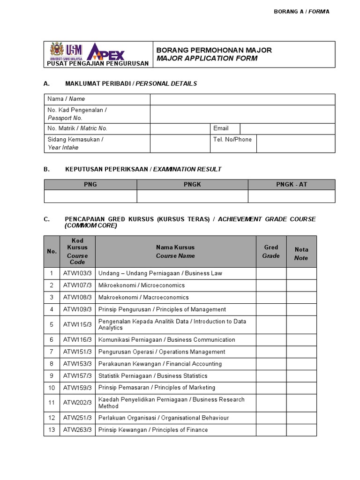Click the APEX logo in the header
click(107, 52)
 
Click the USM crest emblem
click(57, 50)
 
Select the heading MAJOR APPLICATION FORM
click(207, 59)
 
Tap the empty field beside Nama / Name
click(242, 99)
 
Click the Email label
click(221, 128)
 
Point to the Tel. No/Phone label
click(232, 139)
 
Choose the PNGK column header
click(192, 184)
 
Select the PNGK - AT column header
click(292, 184)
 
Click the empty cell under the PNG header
click(90, 196)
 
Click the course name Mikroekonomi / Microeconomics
click(142, 285)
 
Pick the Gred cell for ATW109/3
click(271, 309)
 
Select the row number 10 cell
click(52, 388)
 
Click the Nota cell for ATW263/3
click(301, 430)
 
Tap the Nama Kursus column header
click(175, 251)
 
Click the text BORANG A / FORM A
click(301, 11)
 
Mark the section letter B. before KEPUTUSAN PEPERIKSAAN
click(46, 169)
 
